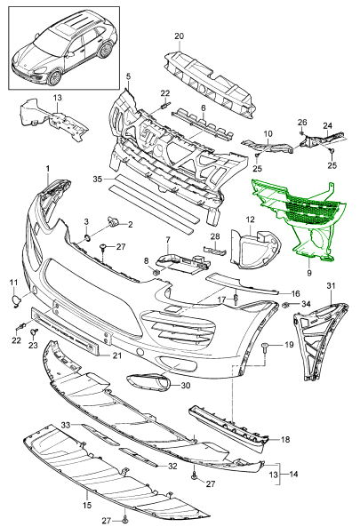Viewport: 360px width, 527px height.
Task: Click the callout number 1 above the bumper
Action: pyautogui.click(x=48, y=168)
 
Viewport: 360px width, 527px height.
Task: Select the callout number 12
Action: pyautogui.click(x=251, y=219)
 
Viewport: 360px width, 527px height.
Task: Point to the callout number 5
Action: pyautogui.click(x=128, y=77)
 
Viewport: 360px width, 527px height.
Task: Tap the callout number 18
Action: pyautogui.click(x=286, y=439)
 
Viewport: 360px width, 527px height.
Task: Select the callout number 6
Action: pyautogui.click(x=202, y=108)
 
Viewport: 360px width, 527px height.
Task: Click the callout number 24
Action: pyautogui.click(x=326, y=125)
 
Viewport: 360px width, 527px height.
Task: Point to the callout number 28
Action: pyautogui.click(x=214, y=236)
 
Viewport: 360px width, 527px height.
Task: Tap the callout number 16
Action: pyautogui.click(x=296, y=292)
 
